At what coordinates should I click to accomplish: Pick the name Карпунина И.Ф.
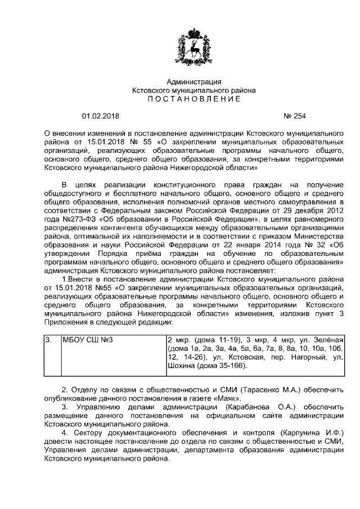(312, 433)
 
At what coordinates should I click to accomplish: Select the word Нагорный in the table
(301, 357)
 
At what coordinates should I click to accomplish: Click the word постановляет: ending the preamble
(250, 270)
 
